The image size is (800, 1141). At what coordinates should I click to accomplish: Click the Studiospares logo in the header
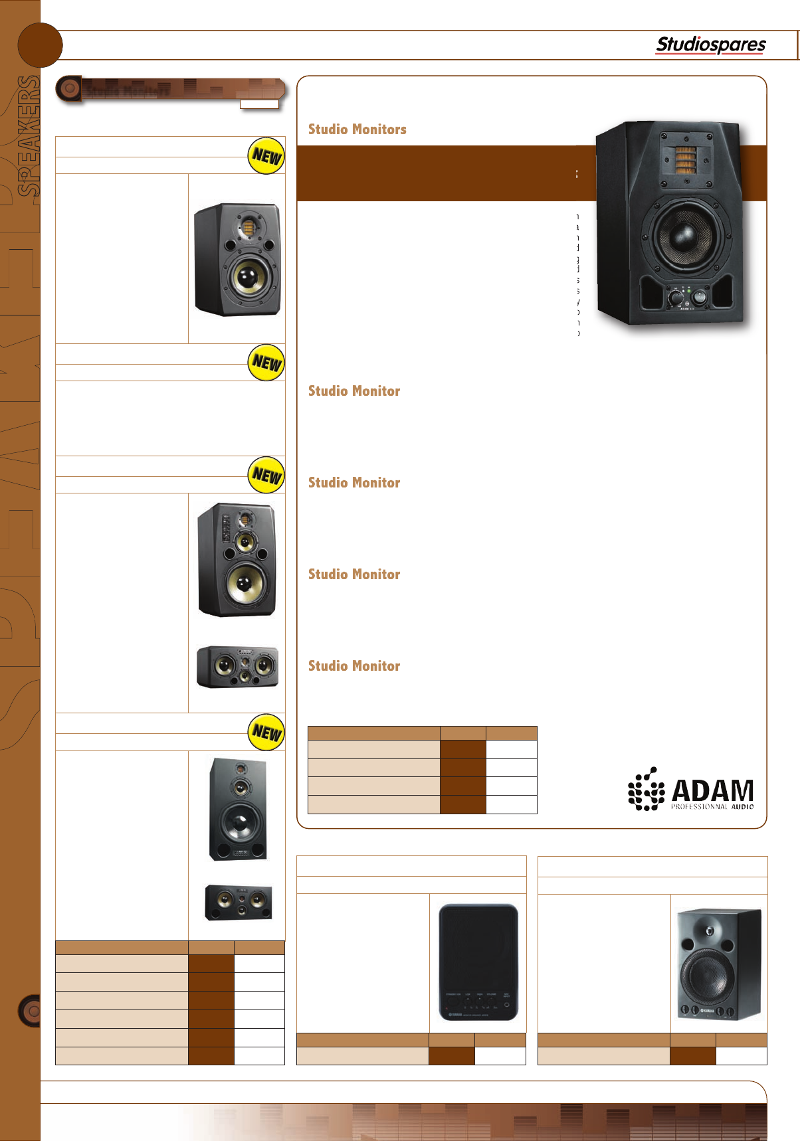(710, 44)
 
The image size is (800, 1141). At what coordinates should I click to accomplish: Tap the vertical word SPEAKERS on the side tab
(28, 136)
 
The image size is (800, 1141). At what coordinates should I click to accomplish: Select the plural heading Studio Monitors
(357, 130)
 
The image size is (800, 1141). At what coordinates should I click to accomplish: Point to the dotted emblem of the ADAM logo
(646, 790)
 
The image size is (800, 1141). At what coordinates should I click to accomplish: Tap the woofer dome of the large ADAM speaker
(683, 236)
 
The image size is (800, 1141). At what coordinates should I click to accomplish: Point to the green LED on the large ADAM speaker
(690, 290)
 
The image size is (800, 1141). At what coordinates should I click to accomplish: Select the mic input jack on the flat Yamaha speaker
(506, 1005)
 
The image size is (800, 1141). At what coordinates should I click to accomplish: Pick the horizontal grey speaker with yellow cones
(237, 666)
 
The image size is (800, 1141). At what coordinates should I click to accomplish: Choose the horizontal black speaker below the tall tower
(239, 902)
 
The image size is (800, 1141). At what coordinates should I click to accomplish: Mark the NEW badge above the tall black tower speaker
(266, 733)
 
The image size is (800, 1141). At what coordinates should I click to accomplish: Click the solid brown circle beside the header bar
(40, 45)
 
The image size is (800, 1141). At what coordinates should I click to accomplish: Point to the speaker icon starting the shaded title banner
(68, 88)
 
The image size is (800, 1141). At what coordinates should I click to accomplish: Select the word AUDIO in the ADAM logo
(742, 806)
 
